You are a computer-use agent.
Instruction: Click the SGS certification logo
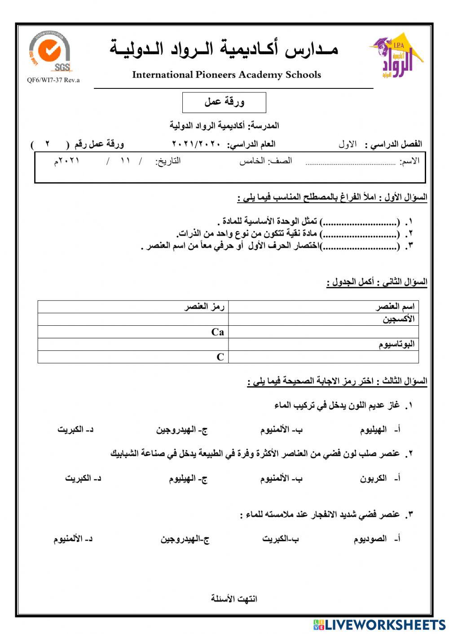tap(49, 52)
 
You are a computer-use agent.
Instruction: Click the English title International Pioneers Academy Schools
tap(226, 75)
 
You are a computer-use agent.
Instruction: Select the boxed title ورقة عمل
tap(224, 102)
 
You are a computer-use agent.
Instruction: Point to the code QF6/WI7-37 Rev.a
tap(53, 80)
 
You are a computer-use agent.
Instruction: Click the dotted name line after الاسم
tap(350, 163)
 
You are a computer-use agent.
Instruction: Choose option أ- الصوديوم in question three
tap(376, 539)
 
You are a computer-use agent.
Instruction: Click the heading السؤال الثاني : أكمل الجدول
tap(377, 282)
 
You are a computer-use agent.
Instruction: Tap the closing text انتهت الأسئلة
tap(234, 599)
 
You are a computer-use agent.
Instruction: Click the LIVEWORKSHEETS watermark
tap(379, 625)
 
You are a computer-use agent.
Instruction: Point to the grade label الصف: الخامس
tap(265, 161)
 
